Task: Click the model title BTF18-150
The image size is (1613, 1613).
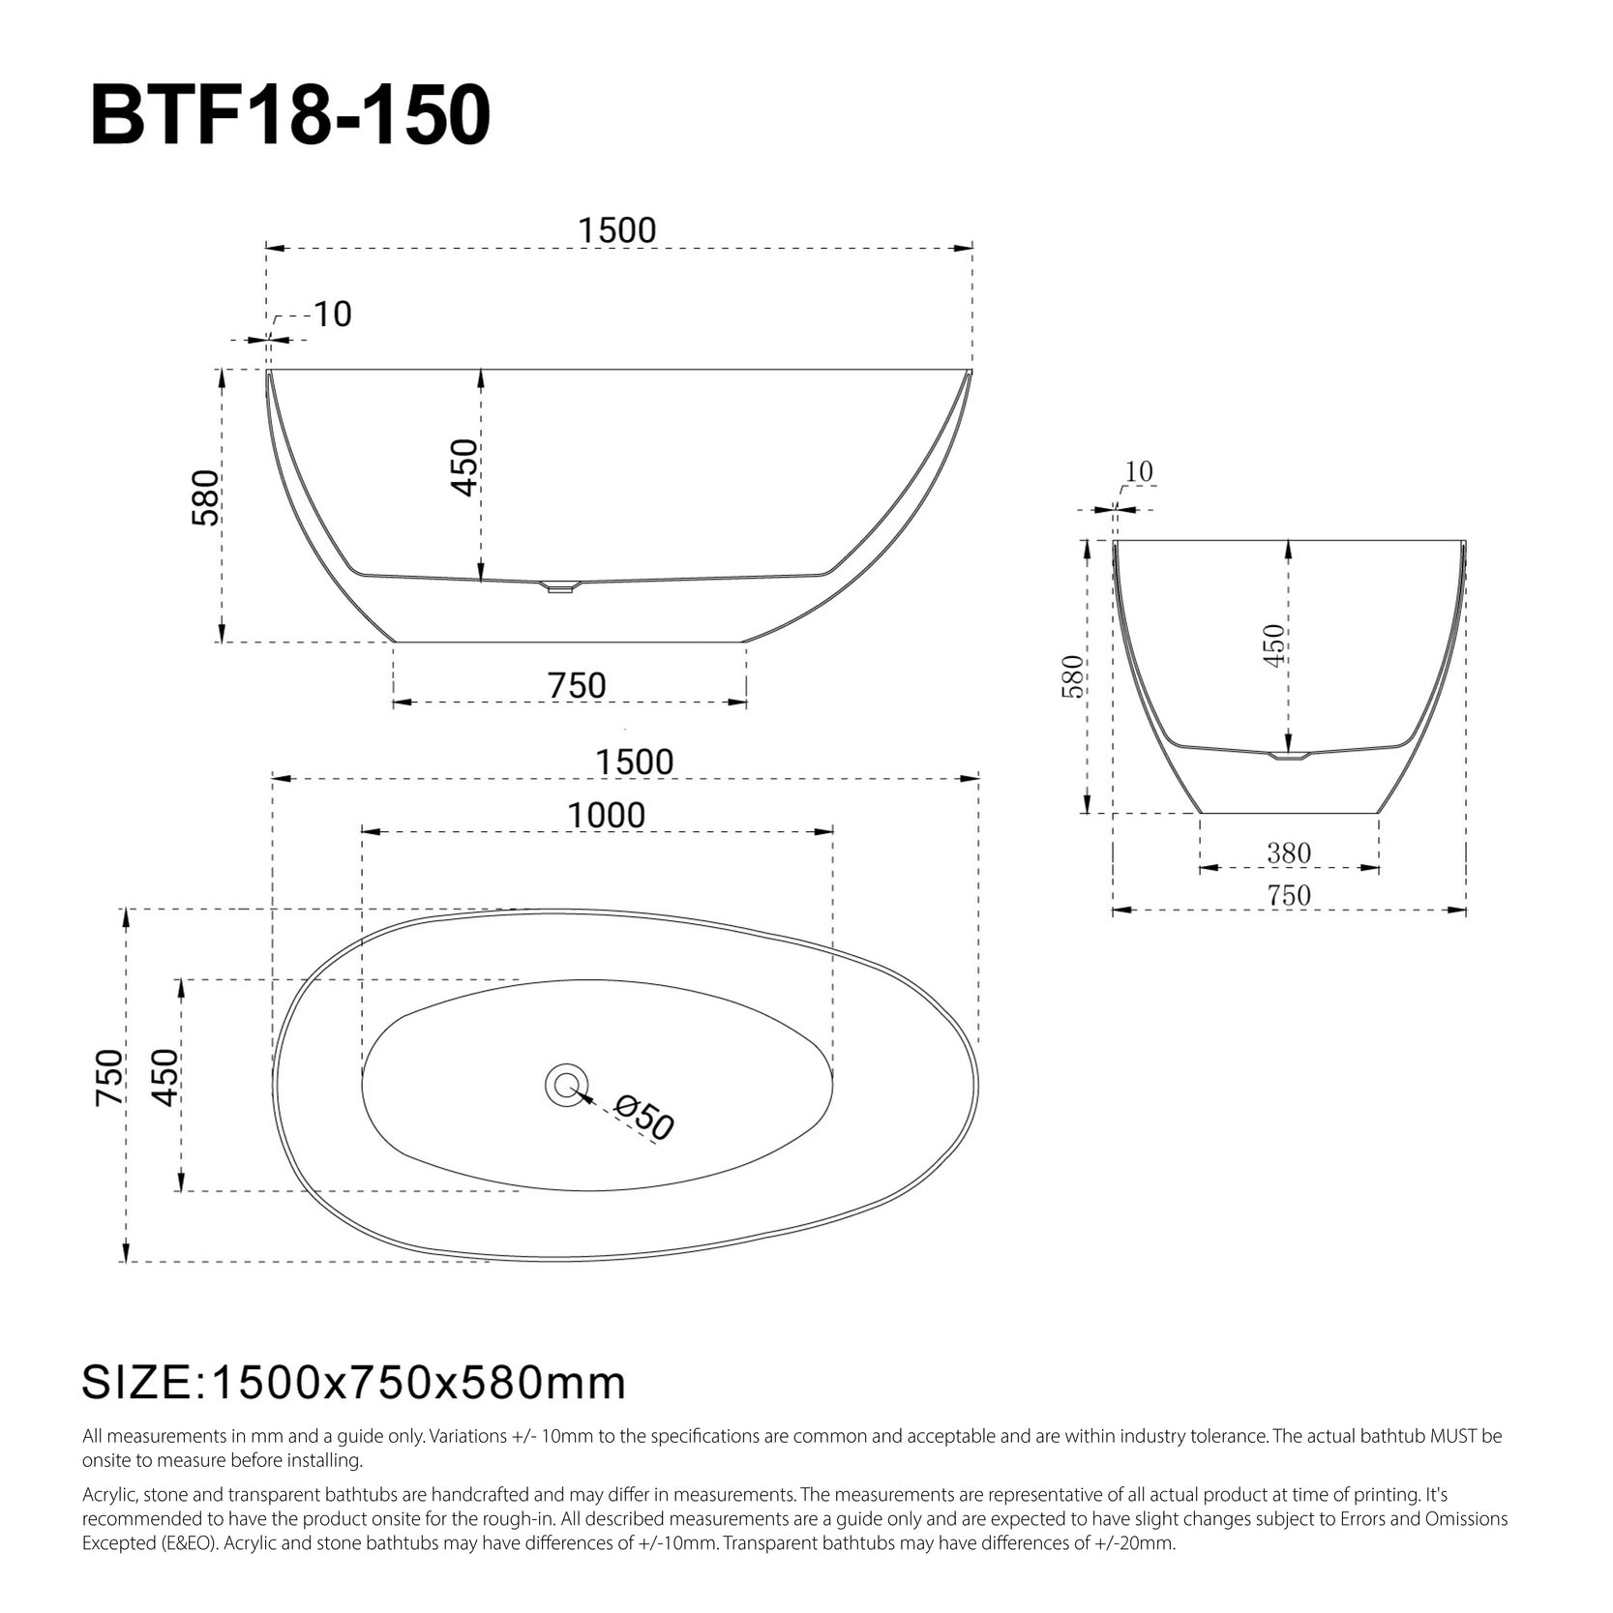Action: tap(290, 116)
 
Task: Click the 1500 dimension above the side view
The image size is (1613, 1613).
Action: tap(617, 230)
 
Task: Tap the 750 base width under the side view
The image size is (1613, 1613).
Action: tap(577, 685)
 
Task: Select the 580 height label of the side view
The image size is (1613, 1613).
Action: tap(206, 498)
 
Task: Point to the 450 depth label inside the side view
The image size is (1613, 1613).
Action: tap(464, 468)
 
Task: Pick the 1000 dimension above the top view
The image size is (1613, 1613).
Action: tap(606, 816)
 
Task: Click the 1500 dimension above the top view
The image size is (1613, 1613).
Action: tap(634, 762)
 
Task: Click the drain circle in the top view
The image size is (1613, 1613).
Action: tap(566, 1084)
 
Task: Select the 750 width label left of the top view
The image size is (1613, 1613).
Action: tap(109, 1077)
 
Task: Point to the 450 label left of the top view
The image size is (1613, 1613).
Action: tap(164, 1077)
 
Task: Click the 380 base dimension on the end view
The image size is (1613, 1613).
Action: tap(1289, 852)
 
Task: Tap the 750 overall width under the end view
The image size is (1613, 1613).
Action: tap(1289, 896)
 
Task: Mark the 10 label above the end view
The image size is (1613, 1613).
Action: tap(1139, 471)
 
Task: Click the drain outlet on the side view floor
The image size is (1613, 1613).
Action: tap(557, 586)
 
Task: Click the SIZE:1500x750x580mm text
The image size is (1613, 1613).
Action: tap(354, 1383)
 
